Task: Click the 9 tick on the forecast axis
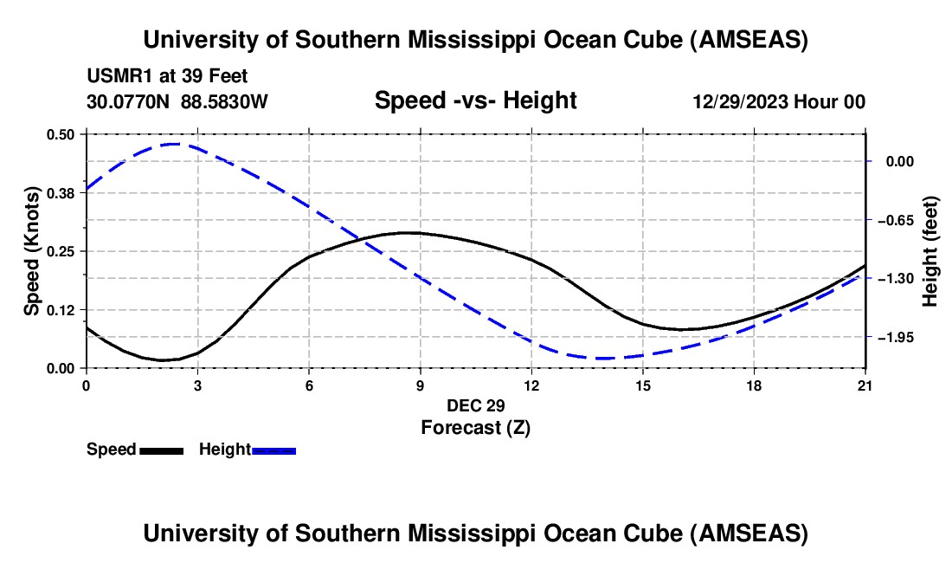pos(420,385)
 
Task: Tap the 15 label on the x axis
pos(642,385)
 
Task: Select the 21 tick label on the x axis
pos(865,385)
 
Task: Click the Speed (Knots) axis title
pos(32,251)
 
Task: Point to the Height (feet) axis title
pos(930,251)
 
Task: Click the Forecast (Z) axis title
pos(475,427)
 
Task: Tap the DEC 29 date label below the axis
pos(475,405)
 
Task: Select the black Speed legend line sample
pos(161,450)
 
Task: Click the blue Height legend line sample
pos(273,450)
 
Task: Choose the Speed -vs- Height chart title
pos(475,100)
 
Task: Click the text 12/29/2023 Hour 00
pos(779,102)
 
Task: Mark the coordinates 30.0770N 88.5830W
pos(177,102)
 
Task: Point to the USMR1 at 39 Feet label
pos(167,76)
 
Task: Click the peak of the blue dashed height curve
pos(174,144)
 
